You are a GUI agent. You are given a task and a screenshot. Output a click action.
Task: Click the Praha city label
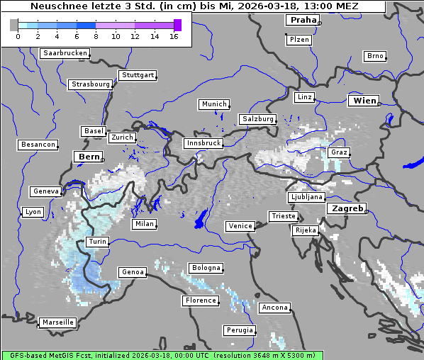(x=302, y=20)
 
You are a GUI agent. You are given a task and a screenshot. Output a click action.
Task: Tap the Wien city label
(x=364, y=101)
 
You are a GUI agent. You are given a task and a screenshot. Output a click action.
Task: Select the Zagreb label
(x=346, y=208)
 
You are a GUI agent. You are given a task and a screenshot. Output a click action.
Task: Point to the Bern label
(x=89, y=156)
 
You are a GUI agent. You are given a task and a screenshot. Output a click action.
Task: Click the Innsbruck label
(x=203, y=143)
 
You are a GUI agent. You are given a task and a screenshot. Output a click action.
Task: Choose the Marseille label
(x=57, y=322)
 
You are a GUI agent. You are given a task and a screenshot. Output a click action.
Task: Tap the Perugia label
(x=240, y=330)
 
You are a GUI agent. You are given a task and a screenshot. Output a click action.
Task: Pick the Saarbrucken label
(x=65, y=53)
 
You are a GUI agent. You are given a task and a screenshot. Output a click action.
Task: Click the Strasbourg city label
(x=90, y=84)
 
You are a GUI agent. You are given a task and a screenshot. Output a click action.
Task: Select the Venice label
(x=240, y=226)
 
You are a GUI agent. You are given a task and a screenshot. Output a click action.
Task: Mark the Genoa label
(x=133, y=272)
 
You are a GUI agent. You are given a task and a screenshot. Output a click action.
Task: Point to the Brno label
(x=374, y=56)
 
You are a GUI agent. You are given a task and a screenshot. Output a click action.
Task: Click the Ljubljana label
(x=306, y=197)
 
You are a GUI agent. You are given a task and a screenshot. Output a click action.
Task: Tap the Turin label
(x=97, y=242)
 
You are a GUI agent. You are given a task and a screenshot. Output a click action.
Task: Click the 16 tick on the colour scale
(x=174, y=36)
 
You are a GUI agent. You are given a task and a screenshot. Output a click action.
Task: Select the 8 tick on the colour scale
(x=96, y=36)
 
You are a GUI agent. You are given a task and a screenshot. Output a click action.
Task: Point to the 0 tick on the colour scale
(x=18, y=36)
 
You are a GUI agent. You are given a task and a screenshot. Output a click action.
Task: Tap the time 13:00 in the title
(x=316, y=6)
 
